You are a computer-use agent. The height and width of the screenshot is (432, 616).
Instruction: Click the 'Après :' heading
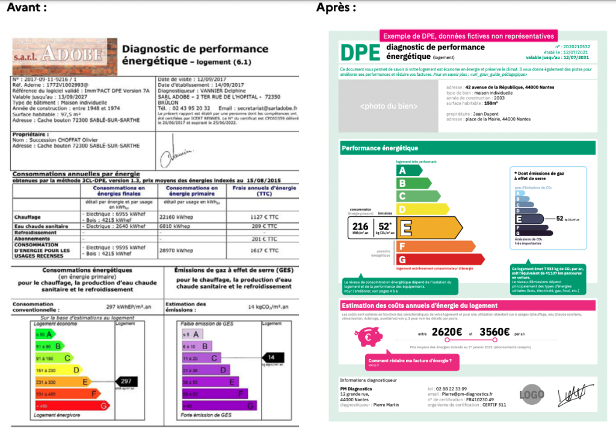(x=336, y=8)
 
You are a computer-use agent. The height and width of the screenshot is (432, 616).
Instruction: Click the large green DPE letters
(x=360, y=52)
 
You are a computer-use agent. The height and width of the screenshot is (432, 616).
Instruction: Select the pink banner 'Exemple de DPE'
(x=467, y=36)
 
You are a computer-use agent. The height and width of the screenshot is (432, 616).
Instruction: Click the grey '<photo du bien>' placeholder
(x=388, y=106)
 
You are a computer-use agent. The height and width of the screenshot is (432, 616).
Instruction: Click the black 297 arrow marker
(x=127, y=381)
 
